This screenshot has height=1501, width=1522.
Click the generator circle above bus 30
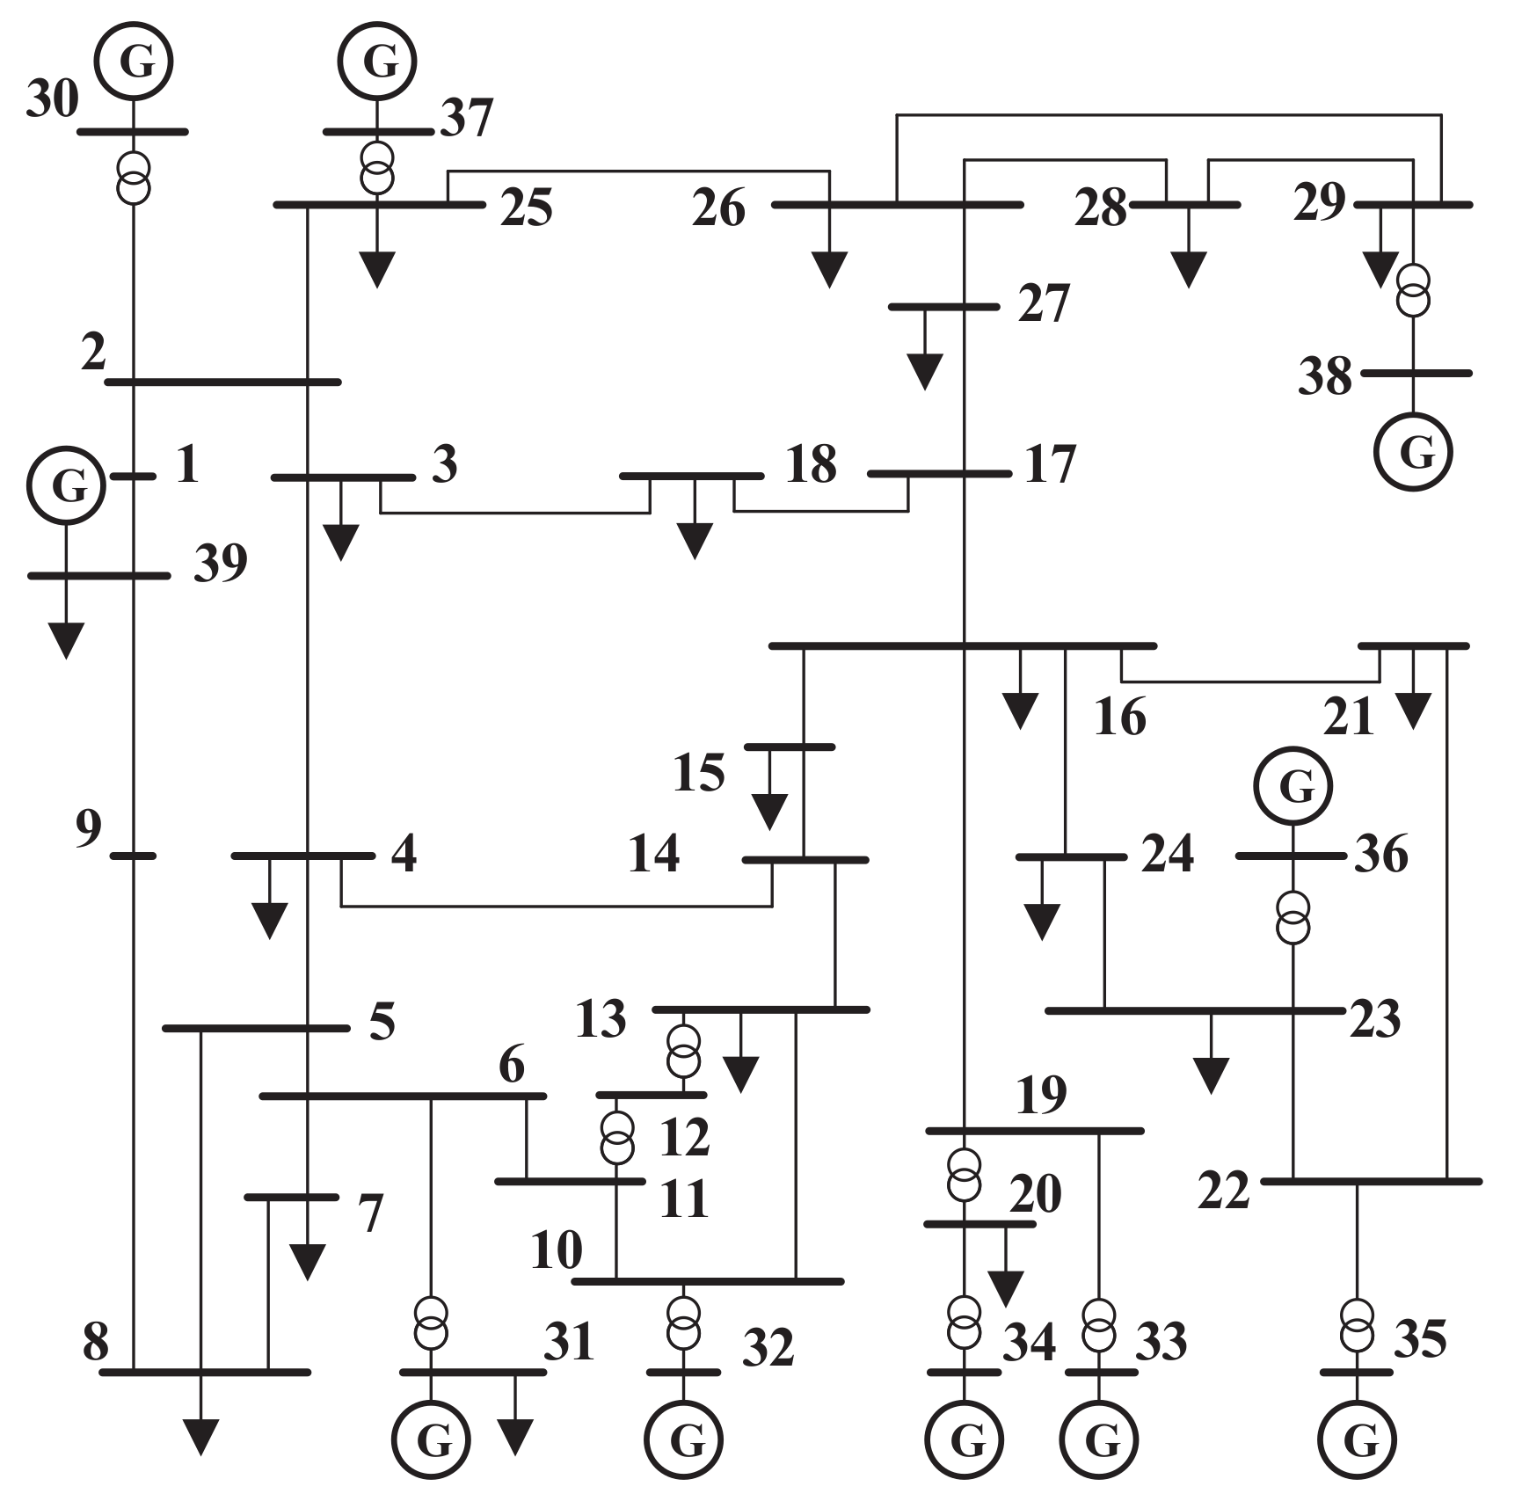[x=134, y=62]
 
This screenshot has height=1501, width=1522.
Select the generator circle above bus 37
[x=378, y=62]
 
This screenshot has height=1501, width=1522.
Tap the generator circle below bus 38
[x=1413, y=452]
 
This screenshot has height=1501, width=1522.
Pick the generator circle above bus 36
[x=1293, y=786]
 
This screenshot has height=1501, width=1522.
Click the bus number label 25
[x=526, y=209]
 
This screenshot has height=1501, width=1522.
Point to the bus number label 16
[x=1119, y=718]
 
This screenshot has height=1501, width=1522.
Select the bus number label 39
[x=220, y=564]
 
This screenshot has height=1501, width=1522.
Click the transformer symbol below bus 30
[x=134, y=178]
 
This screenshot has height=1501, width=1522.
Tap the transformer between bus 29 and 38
[x=1413, y=291]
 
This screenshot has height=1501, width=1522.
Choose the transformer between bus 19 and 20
[x=965, y=1175]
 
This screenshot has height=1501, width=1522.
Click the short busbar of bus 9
[x=134, y=856]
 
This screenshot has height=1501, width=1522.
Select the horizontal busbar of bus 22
[x=1372, y=1181]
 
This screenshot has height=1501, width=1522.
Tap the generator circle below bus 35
[x=1357, y=1439]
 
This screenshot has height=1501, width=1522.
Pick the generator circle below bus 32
[x=683, y=1439]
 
